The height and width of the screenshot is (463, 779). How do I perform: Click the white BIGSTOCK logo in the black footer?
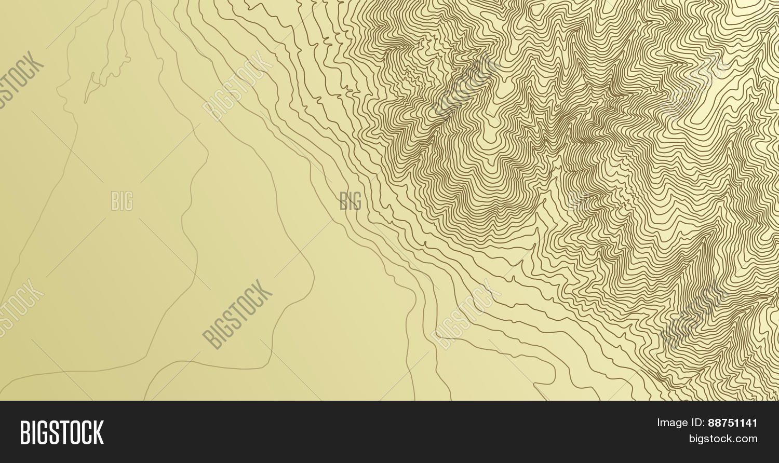[62, 432]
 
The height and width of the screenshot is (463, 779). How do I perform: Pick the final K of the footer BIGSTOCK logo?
[98, 432]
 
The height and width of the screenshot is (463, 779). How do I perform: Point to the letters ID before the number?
[698, 423]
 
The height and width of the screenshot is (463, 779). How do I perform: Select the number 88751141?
[732, 423]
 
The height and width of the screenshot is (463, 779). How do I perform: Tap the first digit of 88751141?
[711, 423]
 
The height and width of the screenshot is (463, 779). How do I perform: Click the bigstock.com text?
[723, 439]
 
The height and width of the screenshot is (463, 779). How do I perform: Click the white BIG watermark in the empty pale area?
[122, 201]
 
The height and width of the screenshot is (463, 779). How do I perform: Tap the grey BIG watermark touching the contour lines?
[351, 201]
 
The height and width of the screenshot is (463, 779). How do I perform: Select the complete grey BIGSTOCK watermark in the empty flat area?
[237, 314]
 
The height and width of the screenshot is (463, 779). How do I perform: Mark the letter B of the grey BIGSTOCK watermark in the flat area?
[209, 340]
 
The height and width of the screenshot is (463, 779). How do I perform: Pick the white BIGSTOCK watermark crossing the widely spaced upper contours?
[237, 86]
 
